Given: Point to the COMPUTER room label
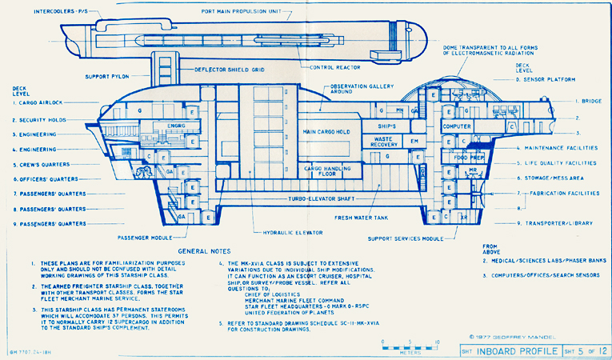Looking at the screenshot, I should pos(457,126).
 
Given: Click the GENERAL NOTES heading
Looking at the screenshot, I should pos(204,250).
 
